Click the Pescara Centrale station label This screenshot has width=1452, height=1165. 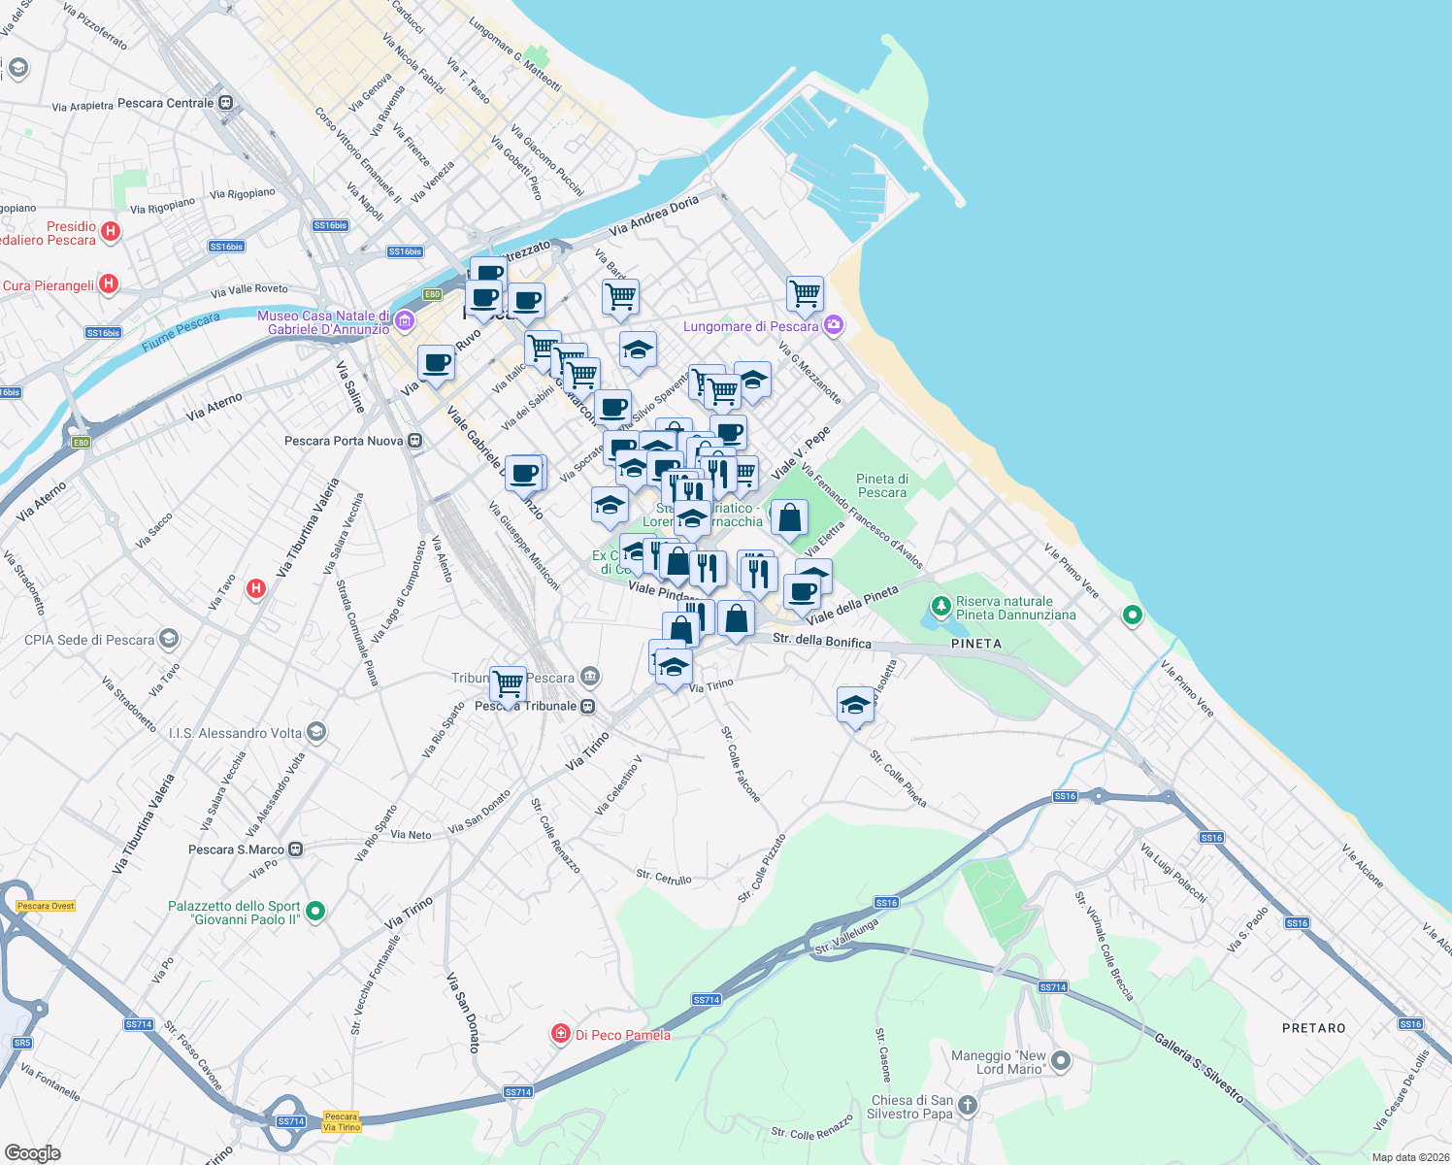(x=165, y=103)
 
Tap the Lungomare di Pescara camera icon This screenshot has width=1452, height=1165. (x=834, y=325)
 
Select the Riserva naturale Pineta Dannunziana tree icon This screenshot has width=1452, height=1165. (x=940, y=607)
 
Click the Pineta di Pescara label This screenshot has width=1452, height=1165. (x=882, y=485)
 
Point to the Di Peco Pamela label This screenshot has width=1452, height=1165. (x=622, y=1035)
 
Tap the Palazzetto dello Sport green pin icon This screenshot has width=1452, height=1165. (x=314, y=911)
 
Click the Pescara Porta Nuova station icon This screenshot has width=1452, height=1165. (x=415, y=441)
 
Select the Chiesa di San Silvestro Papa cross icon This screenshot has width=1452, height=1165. (x=968, y=1105)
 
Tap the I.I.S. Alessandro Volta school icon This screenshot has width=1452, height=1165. (x=315, y=732)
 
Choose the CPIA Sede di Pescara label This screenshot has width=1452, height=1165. (x=89, y=640)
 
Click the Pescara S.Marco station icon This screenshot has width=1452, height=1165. (x=296, y=849)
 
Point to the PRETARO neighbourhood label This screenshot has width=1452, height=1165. (x=1313, y=1028)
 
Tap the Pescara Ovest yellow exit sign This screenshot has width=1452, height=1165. (x=46, y=906)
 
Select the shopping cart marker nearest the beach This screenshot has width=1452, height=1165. (x=806, y=293)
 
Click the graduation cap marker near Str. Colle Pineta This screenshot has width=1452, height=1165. (x=855, y=705)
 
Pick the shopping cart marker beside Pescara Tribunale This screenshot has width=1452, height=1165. (x=508, y=683)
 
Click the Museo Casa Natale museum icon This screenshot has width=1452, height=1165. (x=405, y=321)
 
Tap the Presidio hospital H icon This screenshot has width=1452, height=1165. (x=111, y=231)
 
